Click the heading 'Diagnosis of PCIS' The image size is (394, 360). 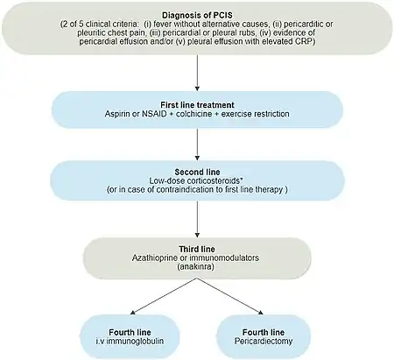click(197, 15)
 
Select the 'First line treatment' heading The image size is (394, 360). click(197, 105)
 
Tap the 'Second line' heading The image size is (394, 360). click(197, 172)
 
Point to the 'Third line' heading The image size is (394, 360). click(197, 249)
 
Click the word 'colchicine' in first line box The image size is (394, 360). click(193, 114)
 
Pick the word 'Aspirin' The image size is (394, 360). click(117, 114)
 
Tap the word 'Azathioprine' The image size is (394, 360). click(155, 258)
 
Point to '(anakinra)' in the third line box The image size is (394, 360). click(197, 266)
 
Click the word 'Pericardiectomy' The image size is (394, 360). click(264, 341)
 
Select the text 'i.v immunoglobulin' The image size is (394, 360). click(130, 341)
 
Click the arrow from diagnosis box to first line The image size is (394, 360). click(197, 73)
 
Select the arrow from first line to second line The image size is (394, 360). click(197, 145)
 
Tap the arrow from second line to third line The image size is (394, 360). click(197, 219)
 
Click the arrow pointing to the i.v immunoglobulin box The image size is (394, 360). click(164, 296)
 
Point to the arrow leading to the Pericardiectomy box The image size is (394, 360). click(230, 296)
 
